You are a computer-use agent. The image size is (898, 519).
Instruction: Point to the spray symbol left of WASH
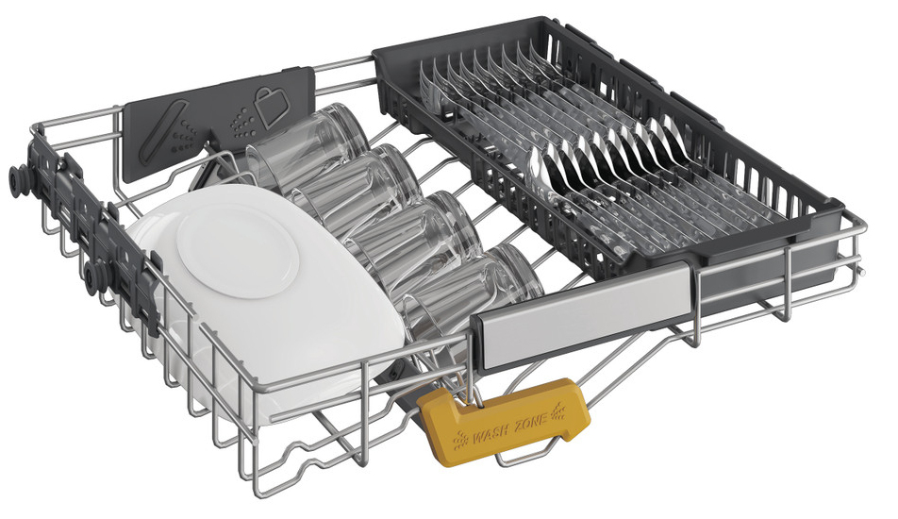click(x=459, y=440)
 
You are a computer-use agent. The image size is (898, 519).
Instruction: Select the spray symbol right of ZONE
click(x=558, y=411)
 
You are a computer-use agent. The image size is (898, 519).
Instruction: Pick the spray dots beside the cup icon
click(x=241, y=122)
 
